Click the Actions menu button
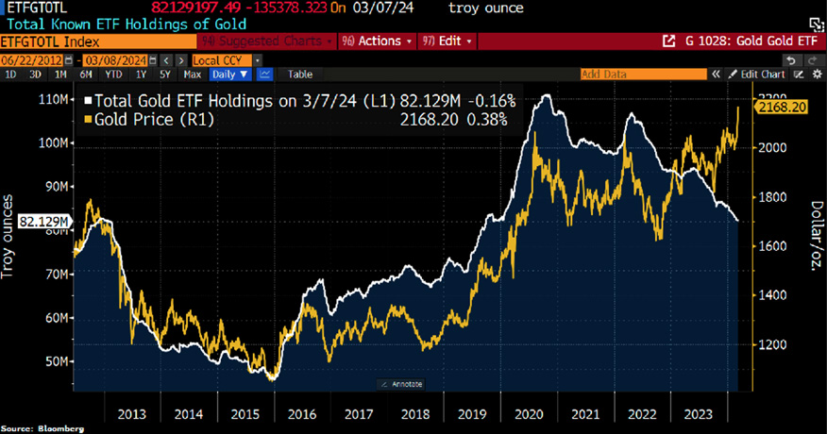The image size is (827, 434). [378, 42]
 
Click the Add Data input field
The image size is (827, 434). [642, 74]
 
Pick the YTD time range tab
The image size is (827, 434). [113, 74]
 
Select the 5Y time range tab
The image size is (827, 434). [165, 74]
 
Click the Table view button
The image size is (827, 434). [300, 74]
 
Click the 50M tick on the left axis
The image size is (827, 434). [52, 362]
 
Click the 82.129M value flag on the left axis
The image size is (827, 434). [44, 221]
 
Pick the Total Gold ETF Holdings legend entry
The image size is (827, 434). [236, 101]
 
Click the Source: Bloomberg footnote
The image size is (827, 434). [42, 428]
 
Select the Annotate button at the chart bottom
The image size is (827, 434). [404, 384]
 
